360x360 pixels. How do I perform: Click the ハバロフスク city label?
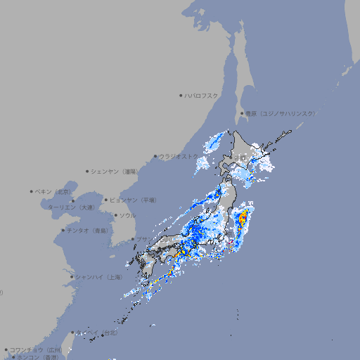point(202,95)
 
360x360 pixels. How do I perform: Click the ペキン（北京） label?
point(53,191)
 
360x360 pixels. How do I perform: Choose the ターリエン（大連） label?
point(71,207)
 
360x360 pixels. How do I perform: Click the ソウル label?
point(127,215)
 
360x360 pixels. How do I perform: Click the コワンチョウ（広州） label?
point(36,349)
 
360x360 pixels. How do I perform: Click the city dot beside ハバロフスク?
point(181,95)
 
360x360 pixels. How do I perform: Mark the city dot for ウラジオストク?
point(155,156)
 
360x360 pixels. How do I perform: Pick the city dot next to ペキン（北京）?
point(32,191)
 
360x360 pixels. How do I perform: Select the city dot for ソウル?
point(115,215)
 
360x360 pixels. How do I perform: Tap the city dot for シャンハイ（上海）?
point(72,277)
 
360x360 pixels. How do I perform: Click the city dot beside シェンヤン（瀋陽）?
point(88,171)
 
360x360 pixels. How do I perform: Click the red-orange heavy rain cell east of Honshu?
point(243,219)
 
